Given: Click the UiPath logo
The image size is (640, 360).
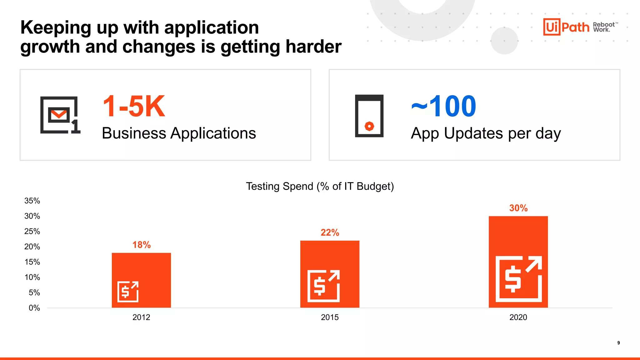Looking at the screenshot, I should pyautogui.click(x=566, y=27).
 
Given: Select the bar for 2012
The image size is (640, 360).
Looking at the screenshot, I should pyautogui.click(x=141, y=280).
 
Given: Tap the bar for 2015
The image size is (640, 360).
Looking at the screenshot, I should pyautogui.click(x=330, y=274).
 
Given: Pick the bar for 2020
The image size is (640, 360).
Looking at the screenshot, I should pyautogui.click(x=518, y=262).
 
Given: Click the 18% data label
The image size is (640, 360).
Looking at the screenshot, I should pyautogui.click(x=141, y=245).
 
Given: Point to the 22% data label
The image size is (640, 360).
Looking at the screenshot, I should pyautogui.click(x=330, y=232).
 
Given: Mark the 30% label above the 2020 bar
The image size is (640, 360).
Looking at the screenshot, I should pyautogui.click(x=518, y=208).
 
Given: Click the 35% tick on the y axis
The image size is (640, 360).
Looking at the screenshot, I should pyautogui.click(x=32, y=201).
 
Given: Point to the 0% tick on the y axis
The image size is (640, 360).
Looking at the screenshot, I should pyautogui.click(x=34, y=308).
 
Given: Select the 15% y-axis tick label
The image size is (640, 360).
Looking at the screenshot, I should pyautogui.click(x=32, y=262).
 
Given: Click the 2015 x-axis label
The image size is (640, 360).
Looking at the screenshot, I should pyautogui.click(x=330, y=317).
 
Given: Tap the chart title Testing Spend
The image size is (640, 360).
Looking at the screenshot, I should pyautogui.click(x=320, y=186).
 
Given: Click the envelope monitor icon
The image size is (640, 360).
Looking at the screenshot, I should pyautogui.click(x=60, y=115).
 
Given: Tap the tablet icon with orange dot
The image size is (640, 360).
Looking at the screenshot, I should pyautogui.click(x=369, y=116).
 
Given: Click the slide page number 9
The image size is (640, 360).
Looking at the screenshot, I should pyautogui.click(x=618, y=343).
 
